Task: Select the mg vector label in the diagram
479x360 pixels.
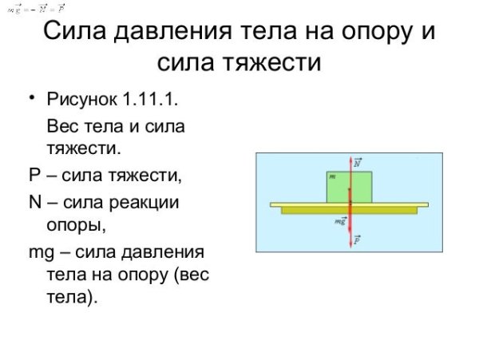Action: (340, 221)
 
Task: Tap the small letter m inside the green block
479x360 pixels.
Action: (332, 176)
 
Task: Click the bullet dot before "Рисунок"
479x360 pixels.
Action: (34, 100)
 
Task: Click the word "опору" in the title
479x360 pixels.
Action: (369, 34)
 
